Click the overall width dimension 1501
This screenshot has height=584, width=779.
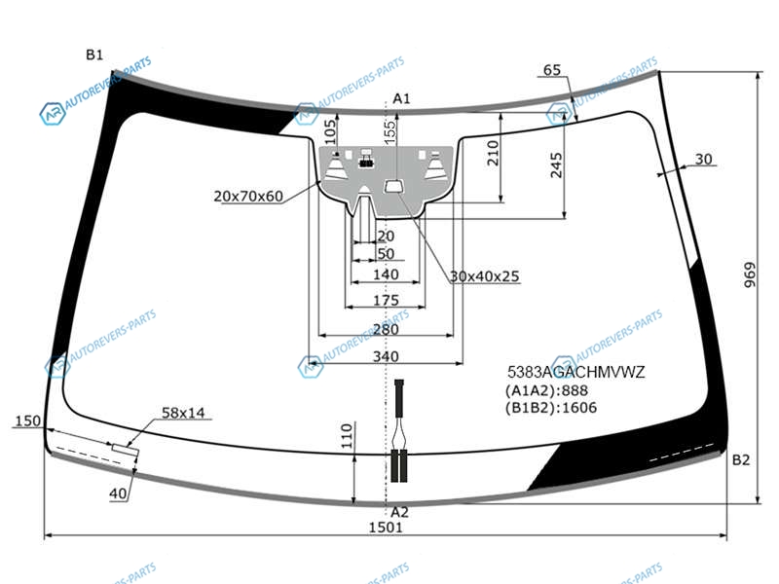(x=385, y=528)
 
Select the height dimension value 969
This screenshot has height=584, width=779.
(x=750, y=275)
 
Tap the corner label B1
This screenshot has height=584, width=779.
(x=94, y=55)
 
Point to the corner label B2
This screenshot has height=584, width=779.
(x=741, y=460)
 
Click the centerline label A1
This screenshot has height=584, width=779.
(x=401, y=99)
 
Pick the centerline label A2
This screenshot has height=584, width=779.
(x=399, y=512)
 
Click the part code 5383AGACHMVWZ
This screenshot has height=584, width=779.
(x=575, y=372)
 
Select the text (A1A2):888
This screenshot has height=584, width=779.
(x=546, y=390)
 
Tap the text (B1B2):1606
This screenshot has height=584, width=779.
(x=551, y=408)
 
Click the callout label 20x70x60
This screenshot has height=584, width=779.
(x=248, y=197)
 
